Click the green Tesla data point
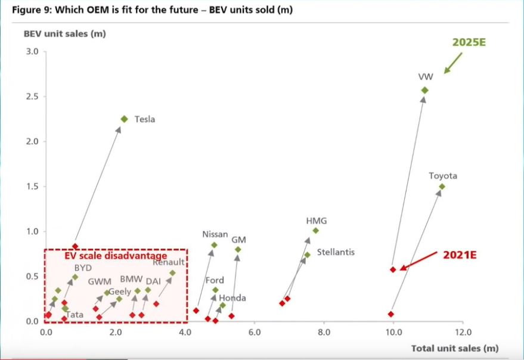click(124, 119)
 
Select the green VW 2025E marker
click(424, 90)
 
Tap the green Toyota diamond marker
click(442, 187)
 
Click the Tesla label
click(144, 119)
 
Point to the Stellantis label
click(336, 252)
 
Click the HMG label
click(316, 221)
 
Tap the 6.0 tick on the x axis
click(255, 332)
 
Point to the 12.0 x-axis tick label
click(463, 332)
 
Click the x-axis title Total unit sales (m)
click(454, 348)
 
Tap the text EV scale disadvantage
click(115, 256)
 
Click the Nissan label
click(215, 234)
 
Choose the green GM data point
click(238, 250)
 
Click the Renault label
click(170, 262)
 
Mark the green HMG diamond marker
click(315, 231)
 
